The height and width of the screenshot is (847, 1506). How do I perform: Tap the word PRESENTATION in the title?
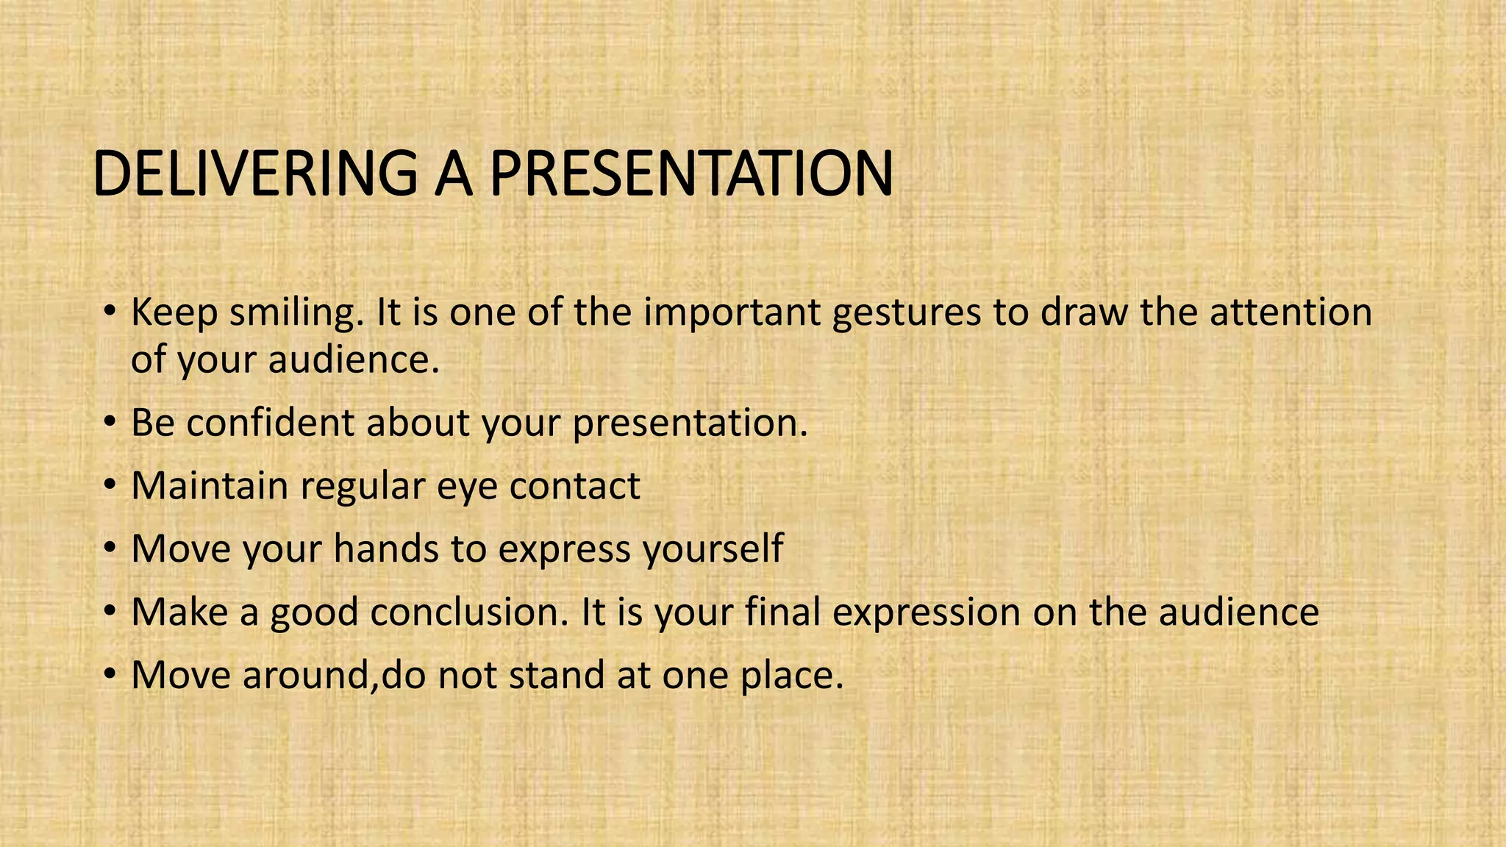tap(691, 174)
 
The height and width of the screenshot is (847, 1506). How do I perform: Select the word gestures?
tap(907, 312)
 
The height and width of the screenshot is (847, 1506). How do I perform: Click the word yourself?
tap(713, 549)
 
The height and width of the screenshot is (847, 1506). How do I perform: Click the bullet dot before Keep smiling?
tap(110, 312)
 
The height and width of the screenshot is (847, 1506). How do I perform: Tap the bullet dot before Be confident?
tap(110, 423)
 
